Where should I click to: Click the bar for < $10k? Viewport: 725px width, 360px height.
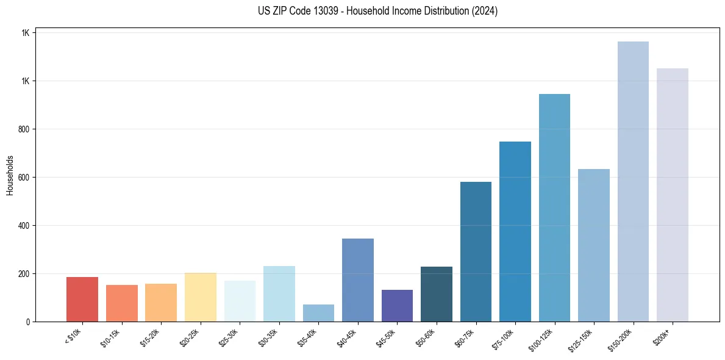click(x=82, y=299)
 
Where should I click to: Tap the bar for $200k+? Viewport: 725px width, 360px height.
click(x=673, y=195)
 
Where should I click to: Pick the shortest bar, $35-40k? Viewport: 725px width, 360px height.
click(x=318, y=313)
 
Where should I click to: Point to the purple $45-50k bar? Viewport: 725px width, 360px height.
click(x=397, y=306)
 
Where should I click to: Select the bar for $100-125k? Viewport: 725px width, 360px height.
click(x=554, y=207)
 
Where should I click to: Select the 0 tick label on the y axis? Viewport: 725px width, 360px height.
click(x=27, y=322)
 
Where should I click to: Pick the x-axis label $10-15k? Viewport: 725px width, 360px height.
click(x=110, y=337)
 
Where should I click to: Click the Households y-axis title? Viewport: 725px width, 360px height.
click(x=10, y=175)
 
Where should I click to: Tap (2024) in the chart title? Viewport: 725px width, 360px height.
click(x=485, y=11)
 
